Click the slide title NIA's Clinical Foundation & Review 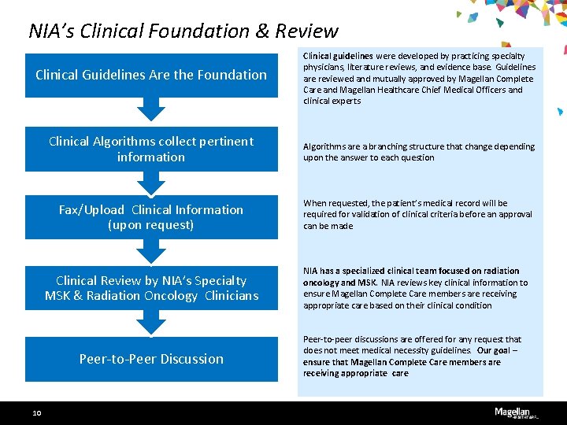[183, 31]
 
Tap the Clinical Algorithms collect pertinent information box [151, 149]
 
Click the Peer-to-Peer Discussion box [151, 359]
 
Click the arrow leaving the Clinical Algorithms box [151, 182]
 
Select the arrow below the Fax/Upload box [151, 251]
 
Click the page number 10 [37, 412]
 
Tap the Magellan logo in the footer [512, 412]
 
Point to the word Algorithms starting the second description [321, 146]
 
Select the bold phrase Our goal [494, 351]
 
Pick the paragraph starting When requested [417, 214]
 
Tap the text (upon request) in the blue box [151, 225]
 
